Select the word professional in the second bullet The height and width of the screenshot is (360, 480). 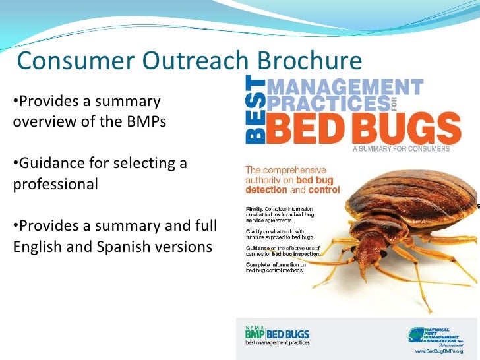pos(55,183)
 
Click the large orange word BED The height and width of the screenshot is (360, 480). pos(307,129)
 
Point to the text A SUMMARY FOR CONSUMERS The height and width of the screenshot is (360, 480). pos(401,149)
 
